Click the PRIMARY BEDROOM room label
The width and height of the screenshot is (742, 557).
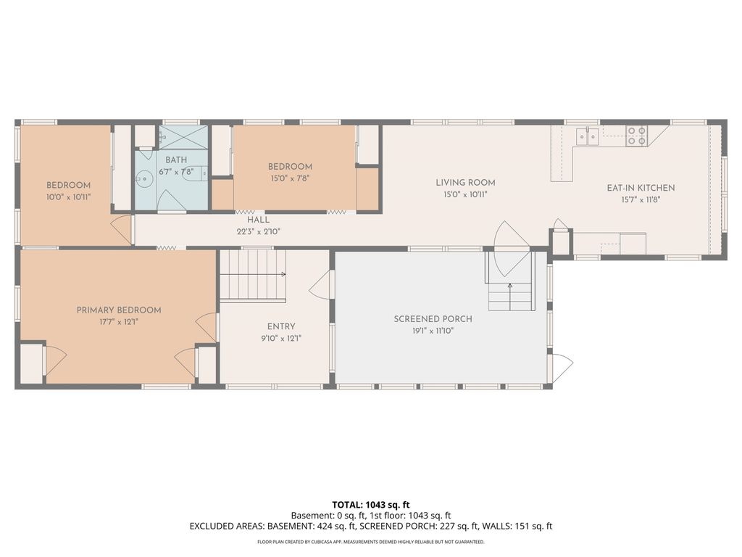(119, 310)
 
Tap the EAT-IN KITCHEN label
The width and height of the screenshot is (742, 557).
(641, 188)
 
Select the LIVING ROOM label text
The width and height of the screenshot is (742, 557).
(466, 182)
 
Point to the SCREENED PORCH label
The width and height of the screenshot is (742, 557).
(433, 319)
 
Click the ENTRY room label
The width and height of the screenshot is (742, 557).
(281, 326)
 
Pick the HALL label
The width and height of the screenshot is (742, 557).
(259, 220)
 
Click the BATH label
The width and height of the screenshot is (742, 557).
(176, 160)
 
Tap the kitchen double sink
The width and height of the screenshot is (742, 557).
(587, 136)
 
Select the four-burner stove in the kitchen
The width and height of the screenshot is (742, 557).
(637, 136)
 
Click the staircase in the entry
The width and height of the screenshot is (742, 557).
(253, 275)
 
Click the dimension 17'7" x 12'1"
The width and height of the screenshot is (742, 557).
(119, 322)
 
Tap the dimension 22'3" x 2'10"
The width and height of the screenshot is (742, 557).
(259, 231)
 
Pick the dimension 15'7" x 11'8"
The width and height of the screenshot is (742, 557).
(641, 200)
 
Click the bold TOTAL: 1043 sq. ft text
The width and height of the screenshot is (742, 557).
(371, 505)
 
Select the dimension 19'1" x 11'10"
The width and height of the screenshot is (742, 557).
(433, 331)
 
